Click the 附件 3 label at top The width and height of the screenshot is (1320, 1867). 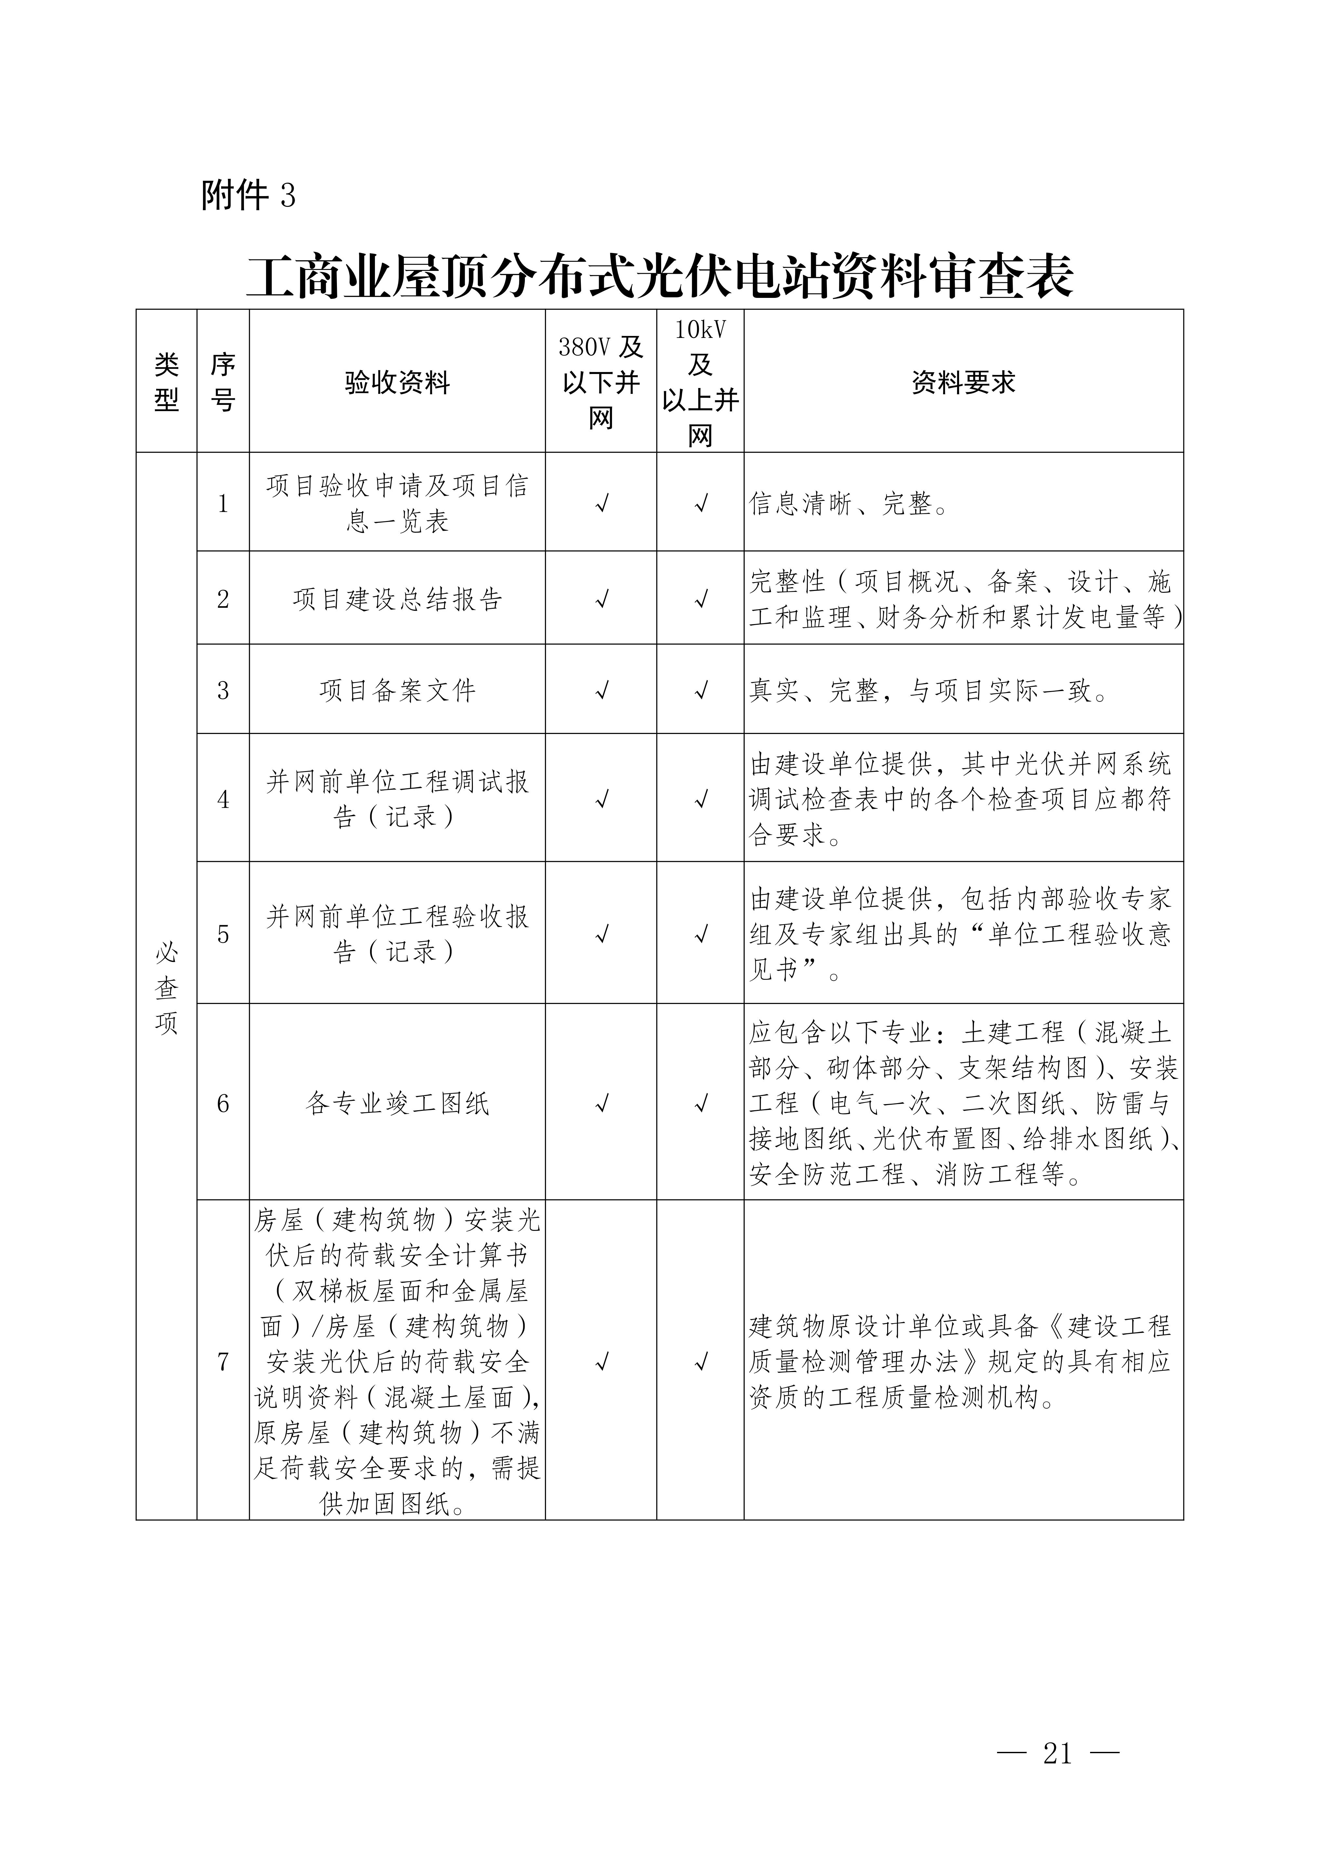pyautogui.click(x=248, y=195)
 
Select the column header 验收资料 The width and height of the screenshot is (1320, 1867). pyautogui.click(x=397, y=382)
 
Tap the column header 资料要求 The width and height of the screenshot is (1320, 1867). pyautogui.click(x=963, y=382)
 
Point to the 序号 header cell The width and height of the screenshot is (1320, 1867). pyautogui.click(x=223, y=382)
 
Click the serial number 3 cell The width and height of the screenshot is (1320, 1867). pyautogui.click(x=223, y=690)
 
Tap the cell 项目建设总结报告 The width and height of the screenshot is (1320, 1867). pyautogui.click(x=397, y=599)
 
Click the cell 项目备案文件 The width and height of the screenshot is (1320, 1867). pyautogui.click(x=397, y=690)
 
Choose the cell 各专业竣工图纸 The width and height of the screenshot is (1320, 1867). pyautogui.click(x=397, y=1103)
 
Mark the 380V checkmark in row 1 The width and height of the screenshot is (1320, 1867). pyautogui.click(x=602, y=504)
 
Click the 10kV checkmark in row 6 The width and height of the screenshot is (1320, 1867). pyautogui.click(x=700, y=1103)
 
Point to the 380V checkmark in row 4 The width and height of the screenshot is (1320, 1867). pyautogui.click(x=602, y=799)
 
